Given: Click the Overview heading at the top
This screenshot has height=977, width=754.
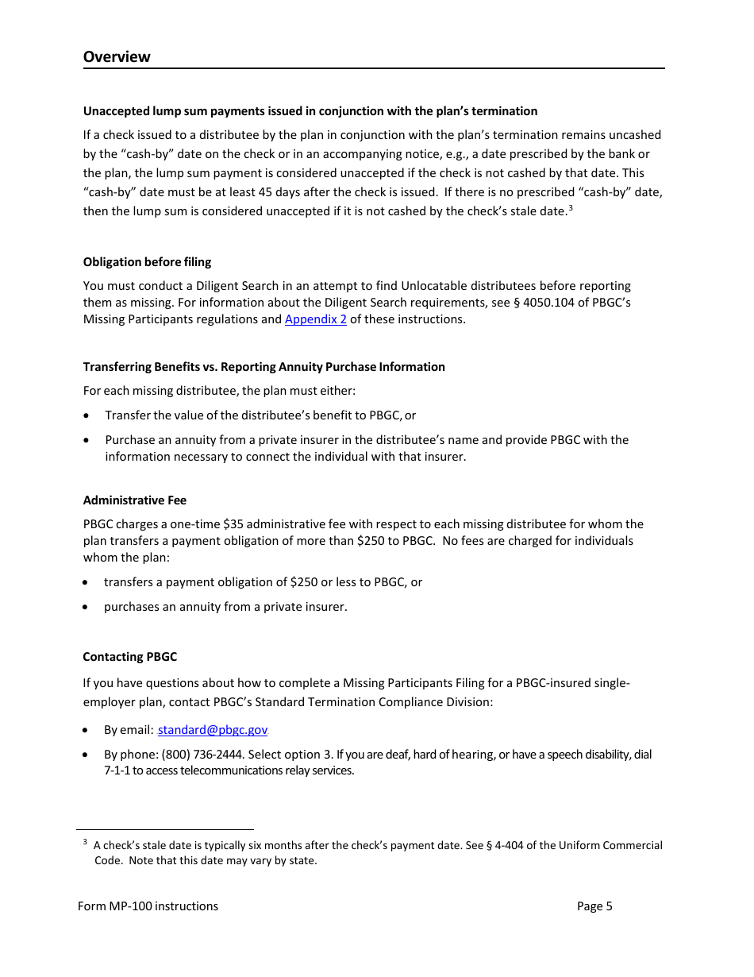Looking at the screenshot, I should click(117, 56).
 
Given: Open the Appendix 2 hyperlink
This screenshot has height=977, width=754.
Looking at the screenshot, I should click(315, 319).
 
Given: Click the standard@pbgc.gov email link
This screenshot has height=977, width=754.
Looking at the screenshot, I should click(213, 730).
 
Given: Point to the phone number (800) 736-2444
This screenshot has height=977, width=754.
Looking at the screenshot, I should click(196, 755).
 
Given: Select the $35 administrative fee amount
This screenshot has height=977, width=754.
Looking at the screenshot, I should click(232, 524).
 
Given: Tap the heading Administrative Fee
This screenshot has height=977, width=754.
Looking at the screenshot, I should click(135, 500).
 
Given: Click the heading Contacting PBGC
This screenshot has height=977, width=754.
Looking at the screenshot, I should click(130, 657).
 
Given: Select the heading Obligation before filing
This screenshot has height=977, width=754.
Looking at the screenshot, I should click(147, 262).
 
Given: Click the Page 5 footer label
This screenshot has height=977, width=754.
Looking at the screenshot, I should click(594, 906).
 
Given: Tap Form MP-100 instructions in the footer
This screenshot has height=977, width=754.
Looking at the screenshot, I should click(148, 906).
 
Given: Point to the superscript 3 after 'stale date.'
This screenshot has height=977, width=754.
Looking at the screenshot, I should click(571, 208).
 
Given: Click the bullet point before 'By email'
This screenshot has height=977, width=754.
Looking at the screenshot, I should click(87, 731).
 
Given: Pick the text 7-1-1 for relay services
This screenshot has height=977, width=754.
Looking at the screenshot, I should click(117, 770).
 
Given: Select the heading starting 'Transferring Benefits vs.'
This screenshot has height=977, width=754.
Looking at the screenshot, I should click(264, 367).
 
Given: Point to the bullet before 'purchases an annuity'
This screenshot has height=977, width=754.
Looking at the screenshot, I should click(87, 608).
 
